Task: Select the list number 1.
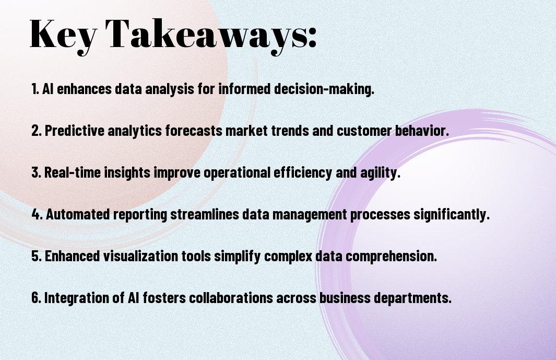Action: click(x=35, y=89)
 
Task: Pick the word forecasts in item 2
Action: click(x=194, y=131)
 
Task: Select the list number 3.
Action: click(x=36, y=172)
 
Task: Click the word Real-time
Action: click(x=73, y=172)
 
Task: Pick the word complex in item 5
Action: click(x=288, y=257)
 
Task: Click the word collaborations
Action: click(x=231, y=297)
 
